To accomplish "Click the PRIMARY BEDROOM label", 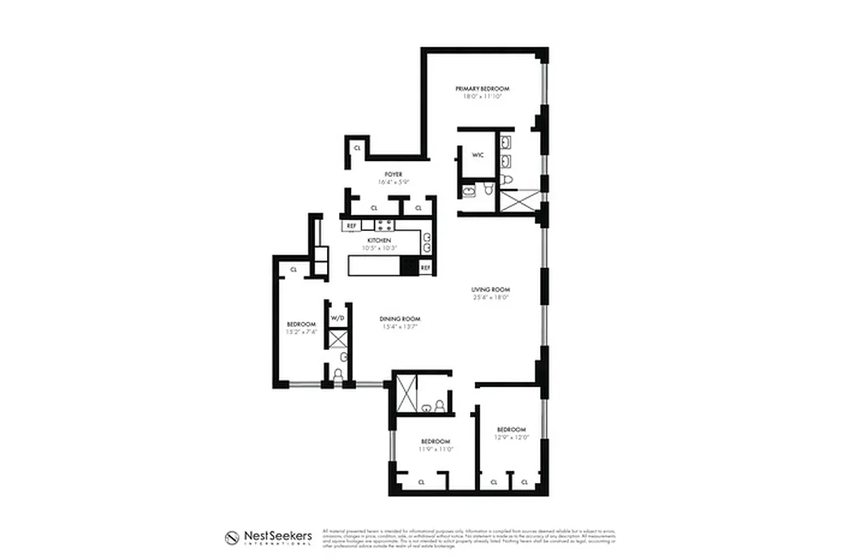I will (x=482, y=89).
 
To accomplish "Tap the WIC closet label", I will (x=478, y=155).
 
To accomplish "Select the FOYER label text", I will (x=392, y=174).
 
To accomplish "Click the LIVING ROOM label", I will (x=490, y=289).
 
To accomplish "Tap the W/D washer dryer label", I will (x=338, y=318).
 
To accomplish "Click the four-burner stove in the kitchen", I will (x=384, y=225).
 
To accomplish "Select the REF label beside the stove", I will (x=352, y=226).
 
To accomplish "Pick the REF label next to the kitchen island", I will (x=425, y=267).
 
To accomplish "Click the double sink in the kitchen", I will (x=426, y=241).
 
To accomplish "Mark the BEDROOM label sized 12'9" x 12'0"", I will (x=511, y=429).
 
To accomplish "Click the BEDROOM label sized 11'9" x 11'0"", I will (x=435, y=441).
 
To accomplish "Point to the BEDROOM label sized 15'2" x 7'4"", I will (x=302, y=324).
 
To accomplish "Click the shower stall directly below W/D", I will (x=338, y=339).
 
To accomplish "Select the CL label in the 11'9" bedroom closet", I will (x=422, y=482).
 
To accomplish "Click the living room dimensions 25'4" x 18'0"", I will (x=490, y=297).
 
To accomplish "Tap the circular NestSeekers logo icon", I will (x=233, y=538).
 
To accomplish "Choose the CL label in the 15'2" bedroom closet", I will (x=294, y=269).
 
